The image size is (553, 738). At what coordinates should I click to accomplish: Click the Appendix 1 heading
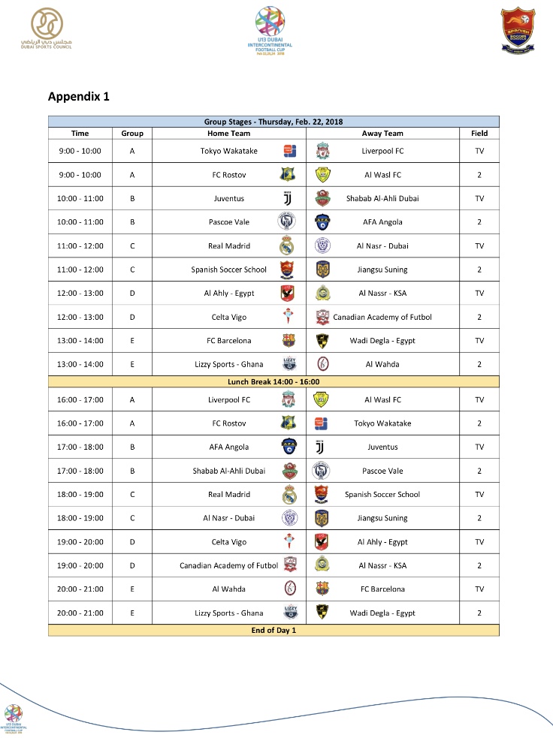click(79, 96)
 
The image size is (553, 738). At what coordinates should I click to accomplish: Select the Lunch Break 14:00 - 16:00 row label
click(273, 382)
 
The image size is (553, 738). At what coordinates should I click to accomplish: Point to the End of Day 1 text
click(273, 630)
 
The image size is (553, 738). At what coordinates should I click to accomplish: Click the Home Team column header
click(229, 133)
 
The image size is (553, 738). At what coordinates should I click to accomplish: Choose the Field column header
click(479, 133)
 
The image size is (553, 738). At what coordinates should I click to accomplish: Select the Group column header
click(132, 133)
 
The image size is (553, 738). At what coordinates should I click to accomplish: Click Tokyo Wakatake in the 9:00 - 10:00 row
click(229, 151)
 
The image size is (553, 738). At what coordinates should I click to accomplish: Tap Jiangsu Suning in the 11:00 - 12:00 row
click(382, 270)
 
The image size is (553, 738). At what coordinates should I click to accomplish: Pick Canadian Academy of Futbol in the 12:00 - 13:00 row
click(382, 317)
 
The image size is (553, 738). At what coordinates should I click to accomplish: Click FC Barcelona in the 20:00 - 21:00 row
click(382, 589)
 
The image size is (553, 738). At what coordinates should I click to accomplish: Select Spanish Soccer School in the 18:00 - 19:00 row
click(382, 494)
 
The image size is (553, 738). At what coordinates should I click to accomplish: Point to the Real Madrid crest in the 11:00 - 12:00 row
click(289, 246)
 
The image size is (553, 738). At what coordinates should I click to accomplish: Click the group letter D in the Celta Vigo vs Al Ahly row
click(132, 542)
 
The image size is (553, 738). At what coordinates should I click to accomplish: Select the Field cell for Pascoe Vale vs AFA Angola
click(479, 222)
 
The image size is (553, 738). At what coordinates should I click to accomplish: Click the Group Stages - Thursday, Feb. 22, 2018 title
click(273, 122)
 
